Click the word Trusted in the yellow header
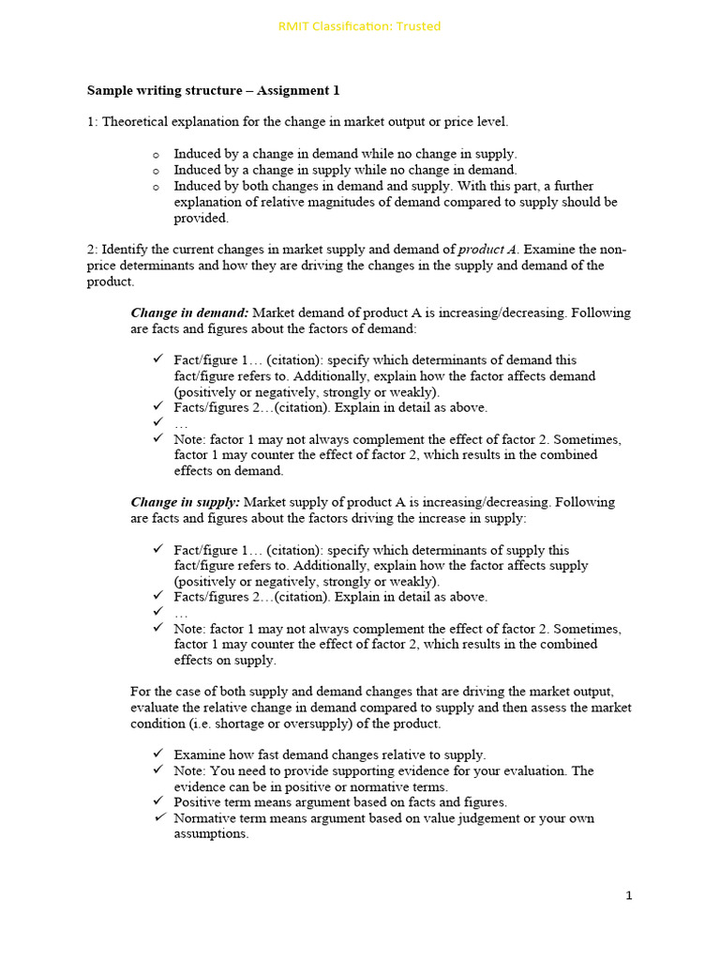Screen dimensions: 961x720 pos(418,26)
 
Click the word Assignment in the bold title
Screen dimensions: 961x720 pos(283,91)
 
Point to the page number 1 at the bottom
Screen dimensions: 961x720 pos(629,895)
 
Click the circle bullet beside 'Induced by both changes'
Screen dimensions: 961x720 pos(156,187)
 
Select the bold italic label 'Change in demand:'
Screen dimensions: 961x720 pos(189,313)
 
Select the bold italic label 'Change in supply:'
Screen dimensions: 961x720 pos(186,502)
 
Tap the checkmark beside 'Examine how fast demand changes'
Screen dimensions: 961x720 pos(157,755)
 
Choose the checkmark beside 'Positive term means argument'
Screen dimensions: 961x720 pos(157,801)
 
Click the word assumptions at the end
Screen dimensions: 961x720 pos(210,833)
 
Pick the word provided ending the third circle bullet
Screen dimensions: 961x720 pos(201,218)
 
